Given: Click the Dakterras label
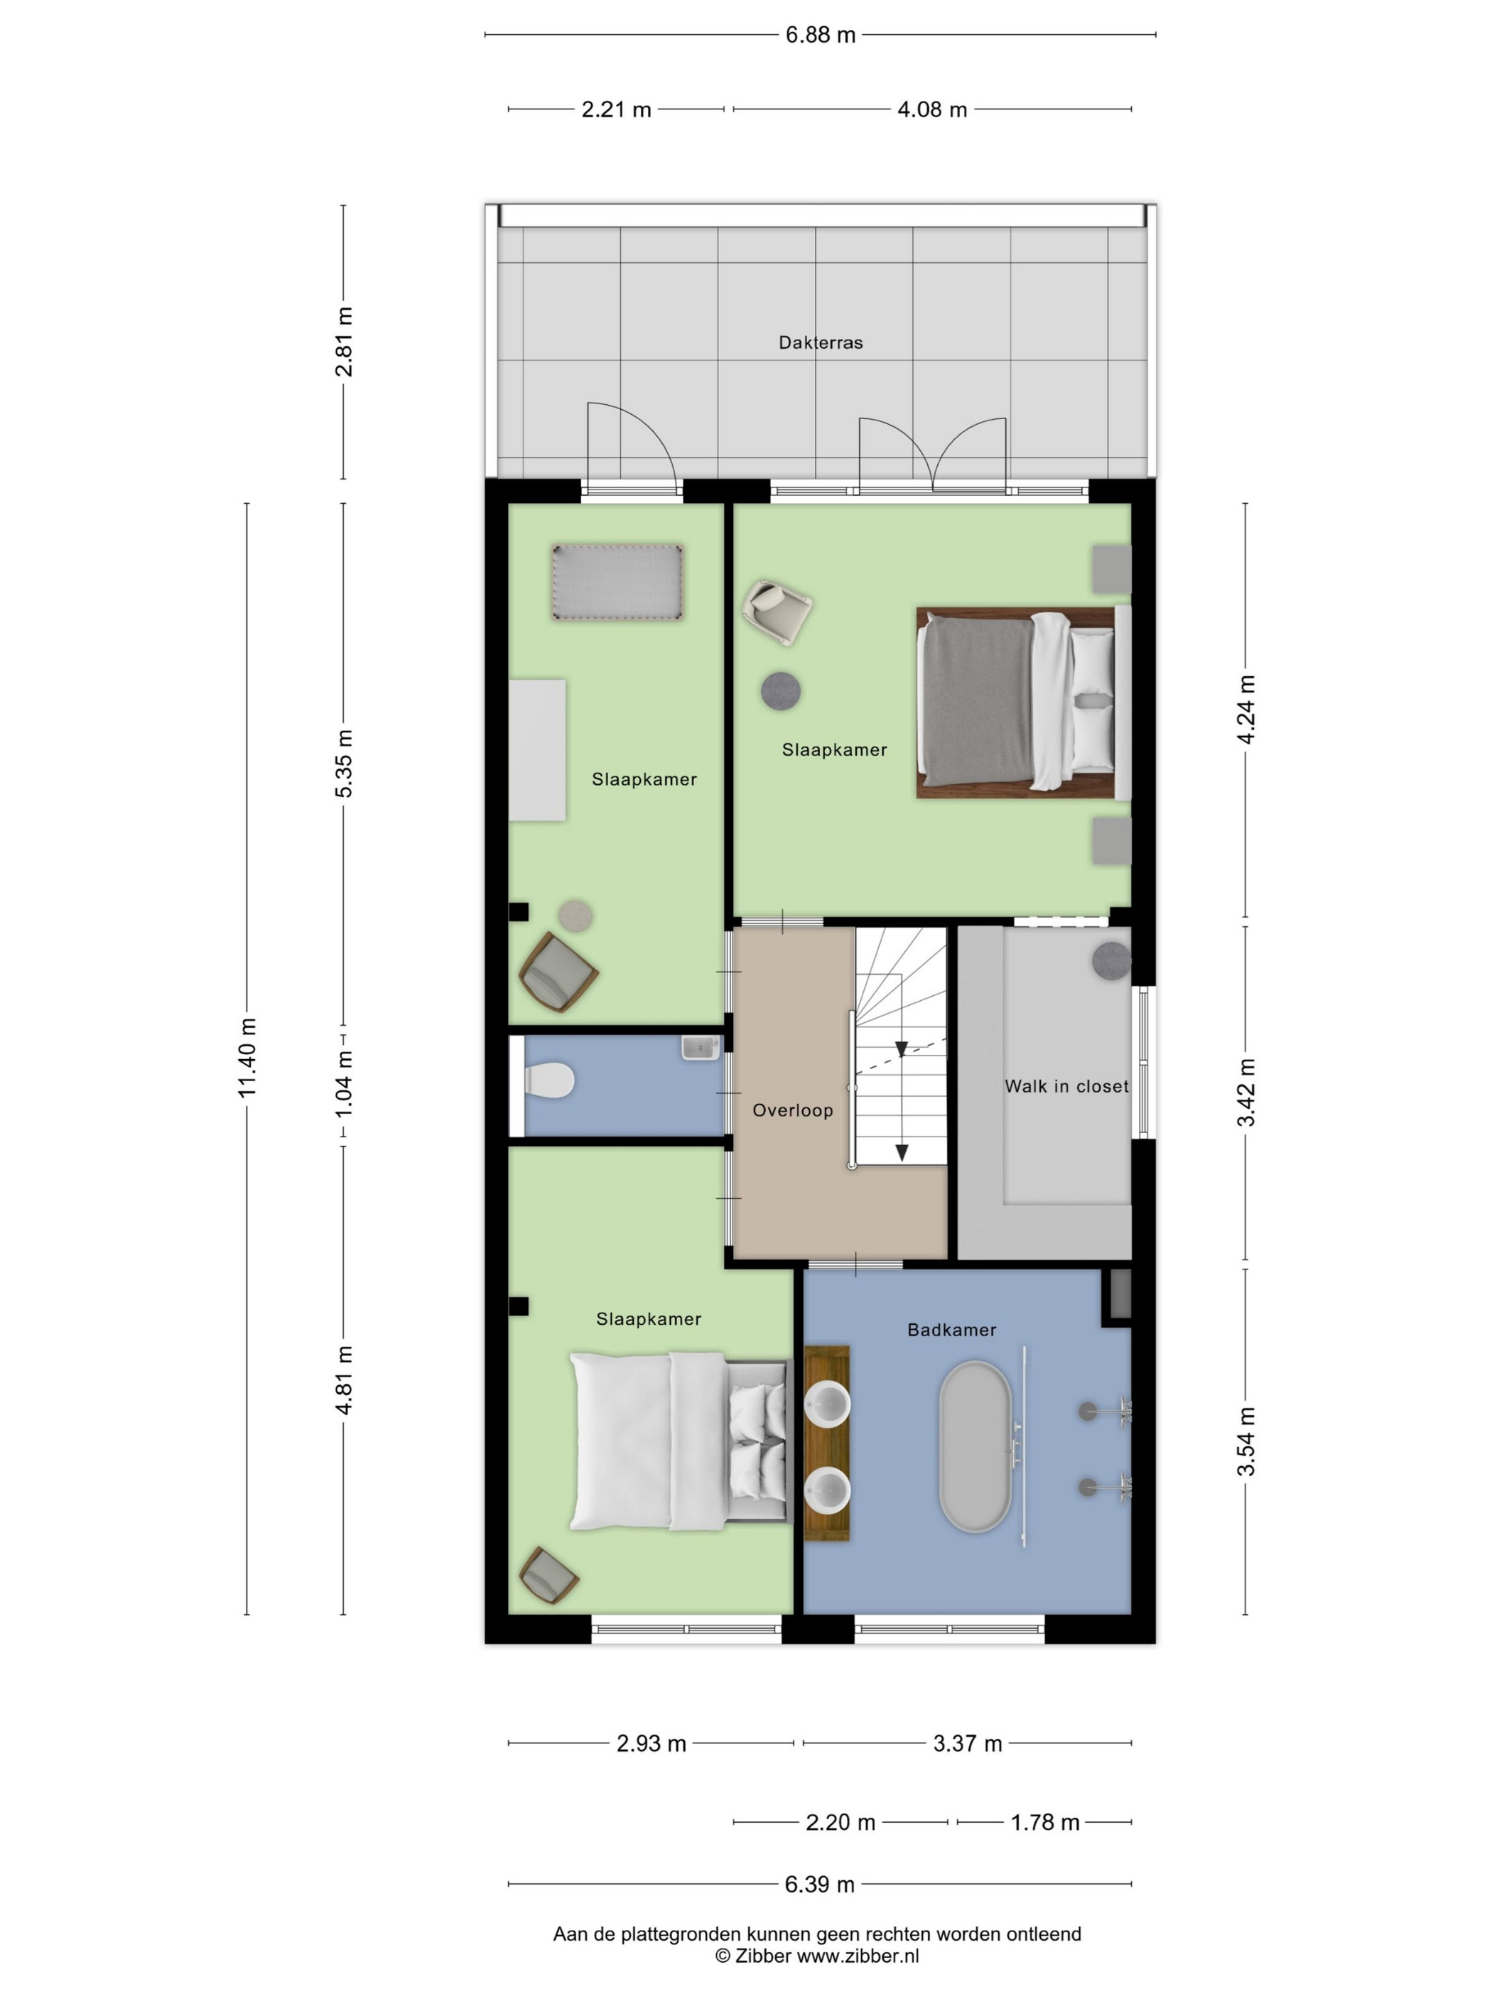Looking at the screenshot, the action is [820, 342].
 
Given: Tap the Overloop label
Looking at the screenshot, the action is [792, 1110].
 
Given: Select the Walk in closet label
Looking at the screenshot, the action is [1066, 1086].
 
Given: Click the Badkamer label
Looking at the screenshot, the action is [951, 1330].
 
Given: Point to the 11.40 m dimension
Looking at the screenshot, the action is [247, 1056].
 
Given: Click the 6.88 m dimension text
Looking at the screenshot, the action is [820, 35].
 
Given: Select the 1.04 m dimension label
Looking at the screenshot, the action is [344, 1085].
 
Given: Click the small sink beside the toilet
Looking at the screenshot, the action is [701, 1048].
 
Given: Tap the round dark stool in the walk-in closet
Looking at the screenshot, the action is [1112, 961].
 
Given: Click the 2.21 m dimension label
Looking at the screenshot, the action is [616, 109].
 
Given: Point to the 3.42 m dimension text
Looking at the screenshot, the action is [1245, 1093].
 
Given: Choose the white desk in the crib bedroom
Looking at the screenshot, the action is [537, 750].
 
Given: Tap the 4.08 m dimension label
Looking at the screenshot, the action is [931, 109].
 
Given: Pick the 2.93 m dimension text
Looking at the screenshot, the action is [651, 1743].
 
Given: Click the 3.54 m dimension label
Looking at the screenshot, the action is [1245, 1441].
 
